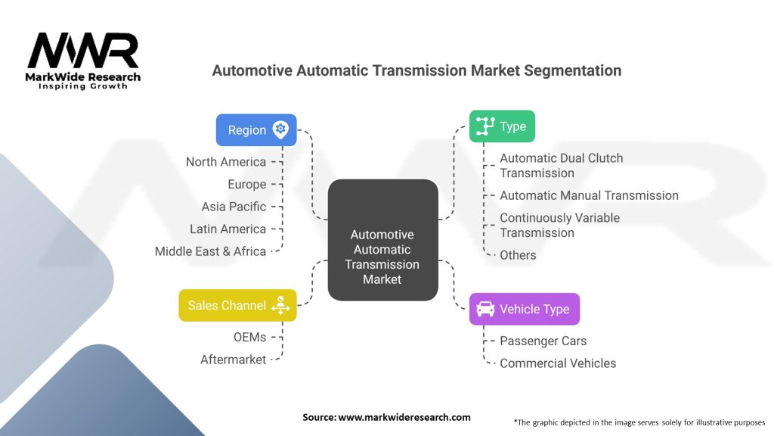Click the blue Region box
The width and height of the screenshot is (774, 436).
256,129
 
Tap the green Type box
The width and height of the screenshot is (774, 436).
502,126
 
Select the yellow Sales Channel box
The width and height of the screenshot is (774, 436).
237,306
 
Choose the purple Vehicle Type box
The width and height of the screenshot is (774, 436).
524,309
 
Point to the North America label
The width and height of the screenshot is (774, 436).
226,162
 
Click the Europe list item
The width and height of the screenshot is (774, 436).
246,184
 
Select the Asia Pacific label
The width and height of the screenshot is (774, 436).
234,207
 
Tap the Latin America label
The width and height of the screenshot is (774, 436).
228,229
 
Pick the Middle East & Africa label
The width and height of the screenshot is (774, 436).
210,251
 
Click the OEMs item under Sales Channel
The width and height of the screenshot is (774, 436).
249,337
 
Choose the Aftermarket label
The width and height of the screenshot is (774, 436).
233,360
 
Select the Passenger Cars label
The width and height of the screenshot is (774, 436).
543,341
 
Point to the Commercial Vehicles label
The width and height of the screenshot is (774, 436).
558,363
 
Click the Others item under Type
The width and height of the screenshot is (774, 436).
518,255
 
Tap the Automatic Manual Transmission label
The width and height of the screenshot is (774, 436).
589,195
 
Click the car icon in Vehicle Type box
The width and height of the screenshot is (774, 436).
485,309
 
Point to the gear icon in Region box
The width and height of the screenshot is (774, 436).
280,129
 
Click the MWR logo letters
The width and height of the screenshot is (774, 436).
83,51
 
